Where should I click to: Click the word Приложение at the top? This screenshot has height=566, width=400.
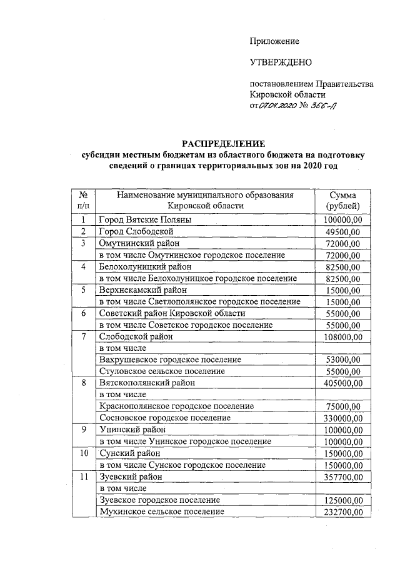tap(274, 41)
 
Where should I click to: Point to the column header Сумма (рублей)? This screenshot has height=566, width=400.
tap(343, 201)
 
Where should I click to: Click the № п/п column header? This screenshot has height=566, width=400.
tap(83, 201)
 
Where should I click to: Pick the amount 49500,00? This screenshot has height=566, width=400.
tap(342, 232)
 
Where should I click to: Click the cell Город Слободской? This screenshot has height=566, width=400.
tap(137, 232)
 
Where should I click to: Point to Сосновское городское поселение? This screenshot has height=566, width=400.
tap(165, 418)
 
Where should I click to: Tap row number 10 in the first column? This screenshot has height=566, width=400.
tap(83, 453)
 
